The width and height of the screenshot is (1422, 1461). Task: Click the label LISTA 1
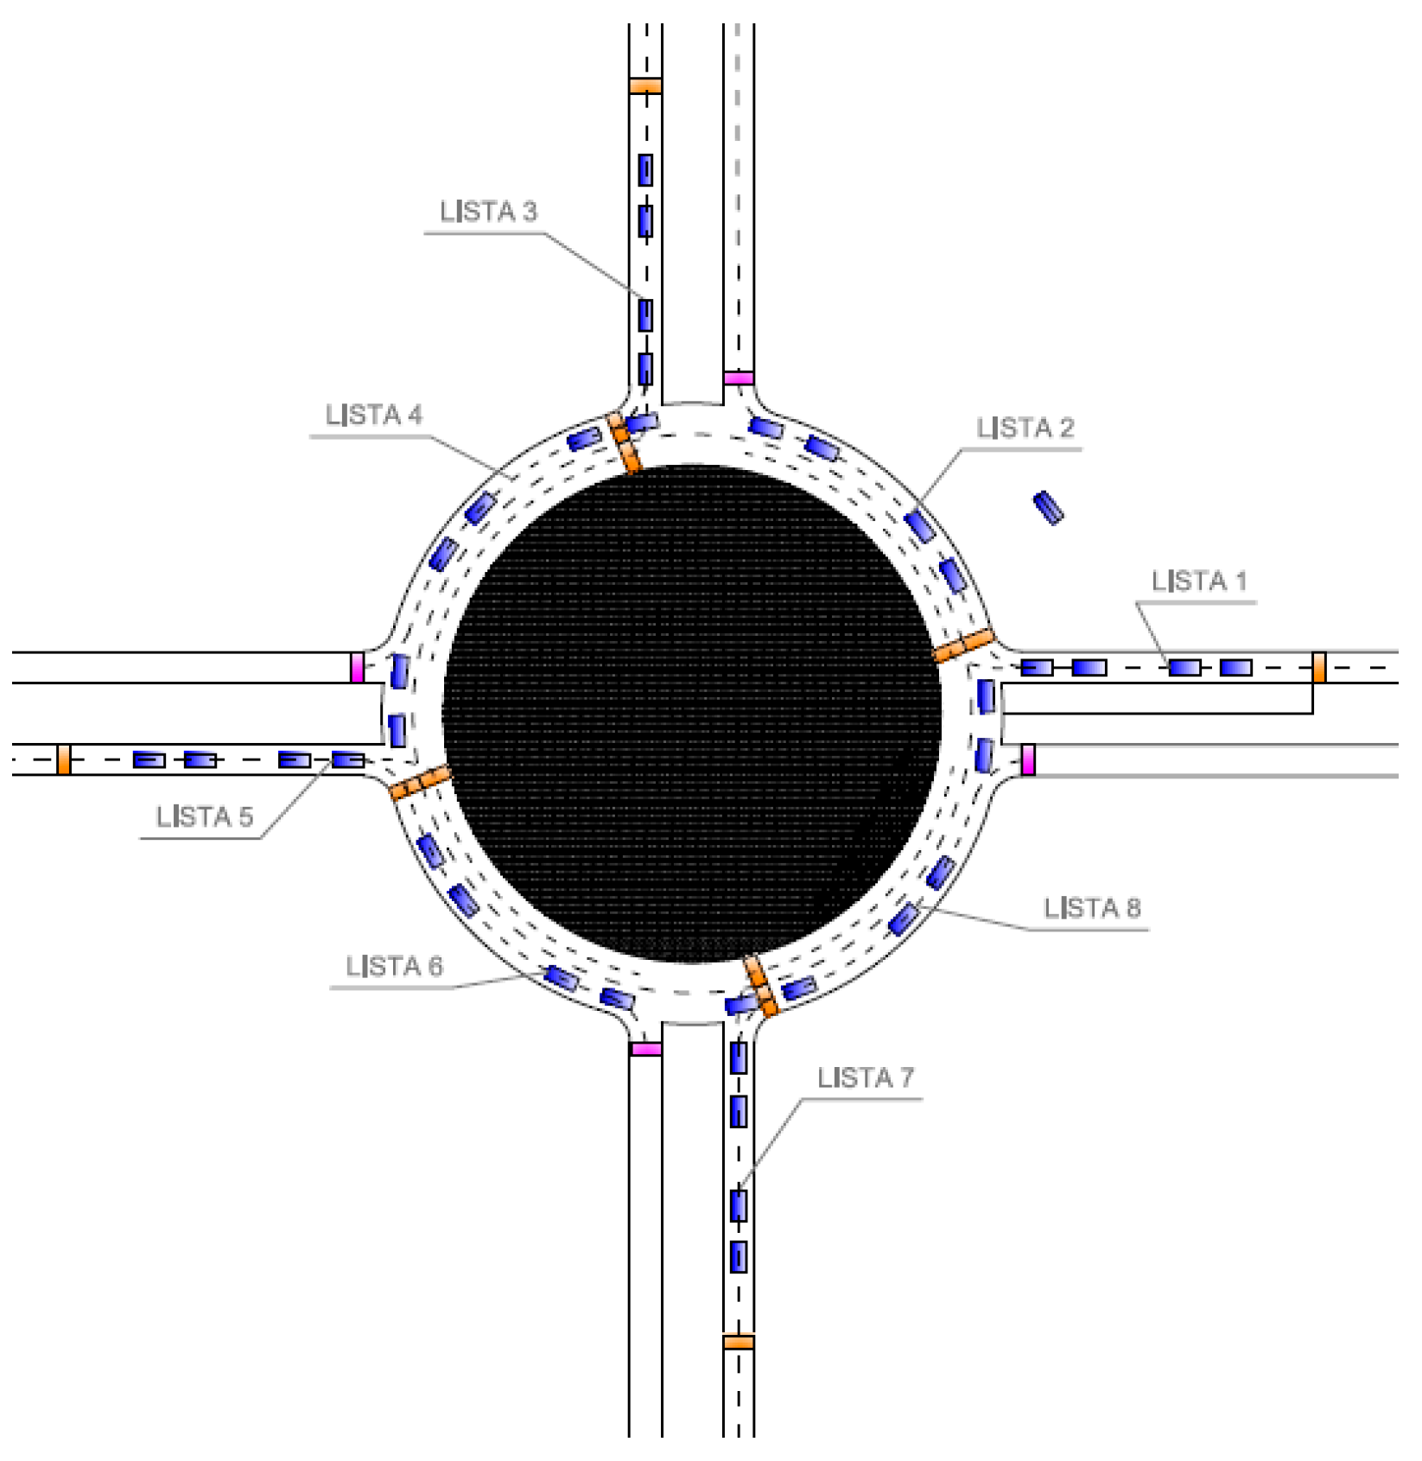[1198, 581]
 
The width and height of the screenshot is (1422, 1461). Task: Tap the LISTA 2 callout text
[1025, 428]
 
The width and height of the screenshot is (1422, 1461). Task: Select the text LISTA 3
[488, 212]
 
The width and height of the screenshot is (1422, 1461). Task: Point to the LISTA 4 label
[373, 416]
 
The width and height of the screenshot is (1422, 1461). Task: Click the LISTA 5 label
[205, 817]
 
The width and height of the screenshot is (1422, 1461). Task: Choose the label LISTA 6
[394, 966]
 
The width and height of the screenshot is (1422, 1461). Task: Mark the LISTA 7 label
[865, 1078]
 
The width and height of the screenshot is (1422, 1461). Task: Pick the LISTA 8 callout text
[1091, 908]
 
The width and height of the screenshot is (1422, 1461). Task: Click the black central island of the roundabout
[691, 714]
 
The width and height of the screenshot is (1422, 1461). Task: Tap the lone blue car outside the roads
[1049, 507]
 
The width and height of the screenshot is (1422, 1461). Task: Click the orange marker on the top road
[645, 86]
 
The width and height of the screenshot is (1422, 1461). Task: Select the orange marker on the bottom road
[739, 1342]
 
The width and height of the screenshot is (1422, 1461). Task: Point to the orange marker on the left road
[64, 759]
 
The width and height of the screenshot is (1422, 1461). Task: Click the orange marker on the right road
[1318, 667]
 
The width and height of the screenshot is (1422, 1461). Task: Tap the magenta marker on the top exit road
[739, 378]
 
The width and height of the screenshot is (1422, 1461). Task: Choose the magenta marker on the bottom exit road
[645, 1049]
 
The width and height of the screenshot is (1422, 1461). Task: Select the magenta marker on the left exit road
[357, 668]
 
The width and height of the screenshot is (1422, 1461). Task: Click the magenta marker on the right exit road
[1028, 759]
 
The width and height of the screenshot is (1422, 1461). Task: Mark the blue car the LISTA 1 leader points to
[1184, 667]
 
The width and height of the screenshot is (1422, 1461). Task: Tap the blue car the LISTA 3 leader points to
[645, 315]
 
